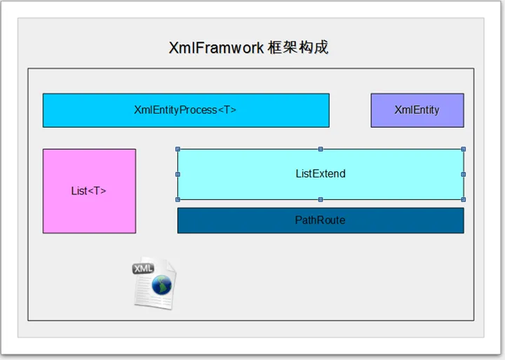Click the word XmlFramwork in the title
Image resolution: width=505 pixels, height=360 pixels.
[216, 48]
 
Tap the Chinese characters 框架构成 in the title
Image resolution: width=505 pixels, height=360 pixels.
[298, 48]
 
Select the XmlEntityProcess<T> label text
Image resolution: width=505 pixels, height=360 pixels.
[185, 110]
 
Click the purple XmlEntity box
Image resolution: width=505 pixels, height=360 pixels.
[417, 111]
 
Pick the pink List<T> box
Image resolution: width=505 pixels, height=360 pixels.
[90, 191]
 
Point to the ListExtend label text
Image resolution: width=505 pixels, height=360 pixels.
[321, 174]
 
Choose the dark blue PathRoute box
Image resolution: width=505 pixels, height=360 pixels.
[321, 220]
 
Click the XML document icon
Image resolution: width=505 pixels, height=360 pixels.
[154, 284]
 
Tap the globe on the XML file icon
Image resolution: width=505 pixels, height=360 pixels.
[162, 285]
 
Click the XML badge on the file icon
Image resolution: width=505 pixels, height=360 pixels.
[143, 269]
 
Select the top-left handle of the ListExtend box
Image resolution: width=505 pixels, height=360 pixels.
[177, 149]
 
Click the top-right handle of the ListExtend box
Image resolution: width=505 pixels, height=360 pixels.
[464, 149]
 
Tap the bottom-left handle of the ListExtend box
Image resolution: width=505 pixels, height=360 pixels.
[177, 200]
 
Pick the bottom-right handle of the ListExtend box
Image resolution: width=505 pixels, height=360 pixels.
[464, 200]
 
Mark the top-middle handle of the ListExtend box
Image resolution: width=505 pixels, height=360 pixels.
[321, 149]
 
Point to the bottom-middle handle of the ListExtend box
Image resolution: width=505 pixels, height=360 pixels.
[321, 200]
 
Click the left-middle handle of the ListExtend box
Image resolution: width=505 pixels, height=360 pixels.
[177, 174]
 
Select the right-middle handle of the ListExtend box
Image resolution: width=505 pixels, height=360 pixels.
[464, 174]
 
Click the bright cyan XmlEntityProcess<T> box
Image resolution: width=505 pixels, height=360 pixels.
[186, 111]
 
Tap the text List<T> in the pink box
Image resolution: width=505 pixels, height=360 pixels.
[88, 191]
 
